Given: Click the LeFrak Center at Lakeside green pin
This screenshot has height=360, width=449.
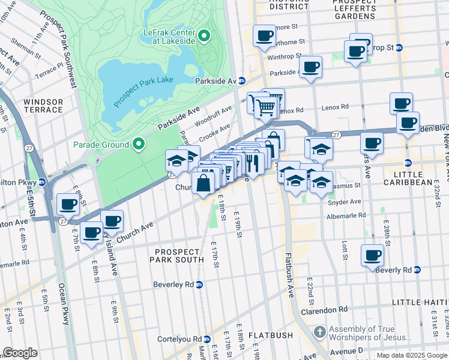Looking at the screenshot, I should (x=203, y=36).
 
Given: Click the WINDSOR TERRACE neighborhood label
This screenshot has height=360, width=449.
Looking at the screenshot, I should (x=43, y=106).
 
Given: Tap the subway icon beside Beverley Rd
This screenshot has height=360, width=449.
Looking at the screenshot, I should (x=200, y=284).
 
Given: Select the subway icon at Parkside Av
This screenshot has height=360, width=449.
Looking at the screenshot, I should (x=241, y=81).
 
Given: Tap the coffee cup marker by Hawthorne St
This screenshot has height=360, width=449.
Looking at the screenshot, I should (x=264, y=36).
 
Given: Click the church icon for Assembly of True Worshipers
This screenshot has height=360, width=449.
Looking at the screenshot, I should (x=320, y=332).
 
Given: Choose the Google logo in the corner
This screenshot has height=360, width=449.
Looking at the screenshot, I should (x=20, y=353).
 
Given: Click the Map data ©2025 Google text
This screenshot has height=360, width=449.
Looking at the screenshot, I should (x=412, y=355).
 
